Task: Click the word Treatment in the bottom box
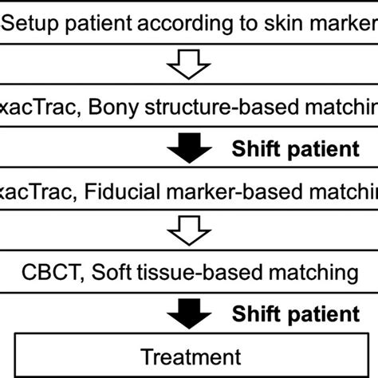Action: point(189,355)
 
